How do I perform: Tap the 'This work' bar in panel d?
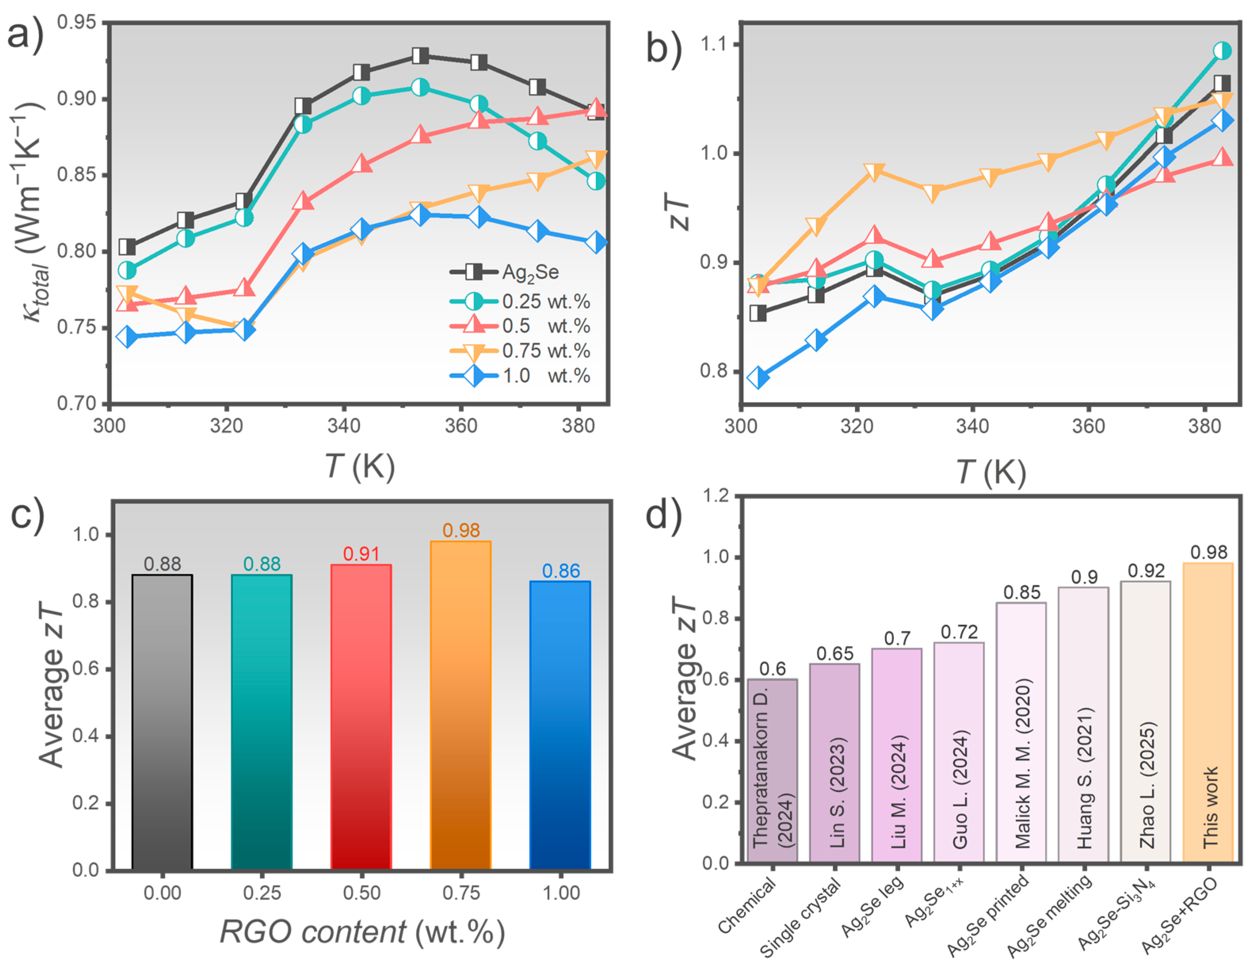[1208, 711]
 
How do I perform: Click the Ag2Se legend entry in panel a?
[505, 272]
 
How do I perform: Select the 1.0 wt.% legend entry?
[519, 376]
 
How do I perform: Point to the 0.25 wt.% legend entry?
[519, 301]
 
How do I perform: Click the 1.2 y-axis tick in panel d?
[716, 495]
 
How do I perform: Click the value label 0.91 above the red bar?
[362, 554]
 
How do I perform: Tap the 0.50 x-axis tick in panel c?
[362, 892]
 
